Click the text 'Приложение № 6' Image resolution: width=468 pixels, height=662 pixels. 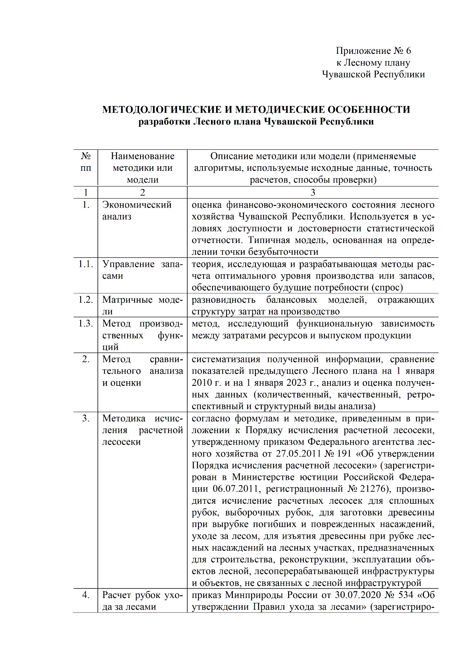tap(373, 51)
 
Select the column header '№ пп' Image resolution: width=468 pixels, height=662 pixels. tap(86, 162)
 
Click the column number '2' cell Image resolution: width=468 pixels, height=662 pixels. tap(142, 192)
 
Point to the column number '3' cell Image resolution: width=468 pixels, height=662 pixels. tap(312, 192)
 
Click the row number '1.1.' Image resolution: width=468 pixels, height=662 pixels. tap(86, 264)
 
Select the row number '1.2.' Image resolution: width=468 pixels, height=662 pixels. tap(86, 300)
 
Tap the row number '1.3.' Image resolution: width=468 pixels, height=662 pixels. tap(86, 323)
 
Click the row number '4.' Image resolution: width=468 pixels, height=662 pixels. tap(86, 595)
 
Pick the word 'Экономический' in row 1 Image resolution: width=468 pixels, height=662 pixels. tap(137, 205)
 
